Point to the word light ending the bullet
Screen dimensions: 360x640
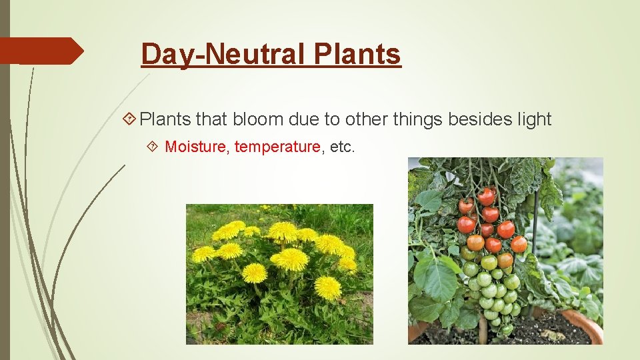click(x=535, y=119)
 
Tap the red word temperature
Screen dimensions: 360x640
click(x=277, y=147)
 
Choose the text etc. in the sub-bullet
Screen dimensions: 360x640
click(x=343, y=147)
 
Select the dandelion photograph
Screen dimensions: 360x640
click(x=279, y=274)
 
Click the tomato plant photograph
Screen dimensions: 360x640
click(x=505, y=251)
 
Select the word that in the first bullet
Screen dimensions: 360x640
click(x=212, y=119)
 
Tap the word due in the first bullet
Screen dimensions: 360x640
click(x=303, y=119)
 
